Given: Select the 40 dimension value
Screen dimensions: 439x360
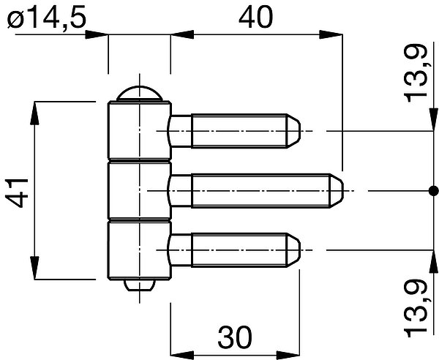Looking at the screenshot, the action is [x=255, y=18].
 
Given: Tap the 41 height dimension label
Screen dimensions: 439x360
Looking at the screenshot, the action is [x=17, y=192].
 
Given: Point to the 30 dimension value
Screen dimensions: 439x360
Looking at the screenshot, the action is [x=235, y=337].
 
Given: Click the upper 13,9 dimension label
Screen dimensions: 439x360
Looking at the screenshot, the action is [x=416, y=73].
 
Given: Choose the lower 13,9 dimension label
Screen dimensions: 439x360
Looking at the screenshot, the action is [x=416, y=309].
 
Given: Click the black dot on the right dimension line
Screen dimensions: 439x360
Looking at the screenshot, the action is [x=433, y=191].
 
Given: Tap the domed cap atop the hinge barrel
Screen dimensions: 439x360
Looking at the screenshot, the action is [x=140, y=93].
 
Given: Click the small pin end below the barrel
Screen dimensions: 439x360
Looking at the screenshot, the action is [x=140, y=285].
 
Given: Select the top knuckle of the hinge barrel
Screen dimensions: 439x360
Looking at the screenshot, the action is [x=140, y=130].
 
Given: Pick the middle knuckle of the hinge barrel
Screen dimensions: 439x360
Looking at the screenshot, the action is [x=140, y=191].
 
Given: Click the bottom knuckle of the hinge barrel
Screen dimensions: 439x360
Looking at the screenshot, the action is [x=140, y=250].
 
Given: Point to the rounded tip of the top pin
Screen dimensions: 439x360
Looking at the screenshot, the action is [x=293, y=131].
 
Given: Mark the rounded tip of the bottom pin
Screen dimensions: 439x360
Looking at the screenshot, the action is [x=293, y=250].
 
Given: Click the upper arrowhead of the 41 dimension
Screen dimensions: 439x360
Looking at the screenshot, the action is [x=34, y=113].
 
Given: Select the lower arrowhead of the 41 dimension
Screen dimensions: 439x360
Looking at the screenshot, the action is [x=34, y=268].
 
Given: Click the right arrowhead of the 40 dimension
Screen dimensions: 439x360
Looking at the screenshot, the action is [x=331, y=34].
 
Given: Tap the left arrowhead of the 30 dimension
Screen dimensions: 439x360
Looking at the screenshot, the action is [x=182, y=355].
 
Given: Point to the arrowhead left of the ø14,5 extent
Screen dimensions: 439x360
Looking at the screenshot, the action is [x=97, y=34].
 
